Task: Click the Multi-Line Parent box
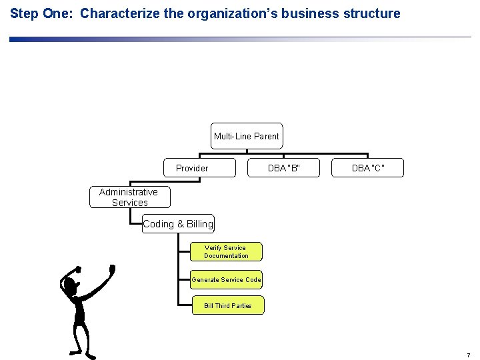pyautogui.click(x=247, y=136)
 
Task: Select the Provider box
pyautogui.click(x=199, y=168)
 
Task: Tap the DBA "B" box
pyautogui.click(x=284, y=168)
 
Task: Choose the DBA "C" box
pyautogui.click(x=367, y=168)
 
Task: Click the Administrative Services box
pyautogui.click(x=129, y=197)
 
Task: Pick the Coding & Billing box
pyautogui.click(x=178, y=224)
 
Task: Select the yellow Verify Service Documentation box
pyautogui.click(x=226, y=252)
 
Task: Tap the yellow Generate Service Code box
pyautogui.click(x=226, y=280)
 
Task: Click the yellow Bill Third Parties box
pyautogui.click(x=227, y=306)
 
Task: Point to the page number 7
pyautogui.click(x=469, y=355)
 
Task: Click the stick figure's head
pyautogui.click(x=69, y=285)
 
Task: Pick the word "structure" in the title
pyautogui.click(x=372, y=13)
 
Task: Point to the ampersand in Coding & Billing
pyautogui.click(x=179, y=224)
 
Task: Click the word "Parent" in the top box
pyautogui.click(x=266, y=136)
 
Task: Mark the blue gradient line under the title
pyautogui.click(x=133, y=39)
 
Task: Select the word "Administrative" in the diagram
pyautogui.click(x=129, y=192)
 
